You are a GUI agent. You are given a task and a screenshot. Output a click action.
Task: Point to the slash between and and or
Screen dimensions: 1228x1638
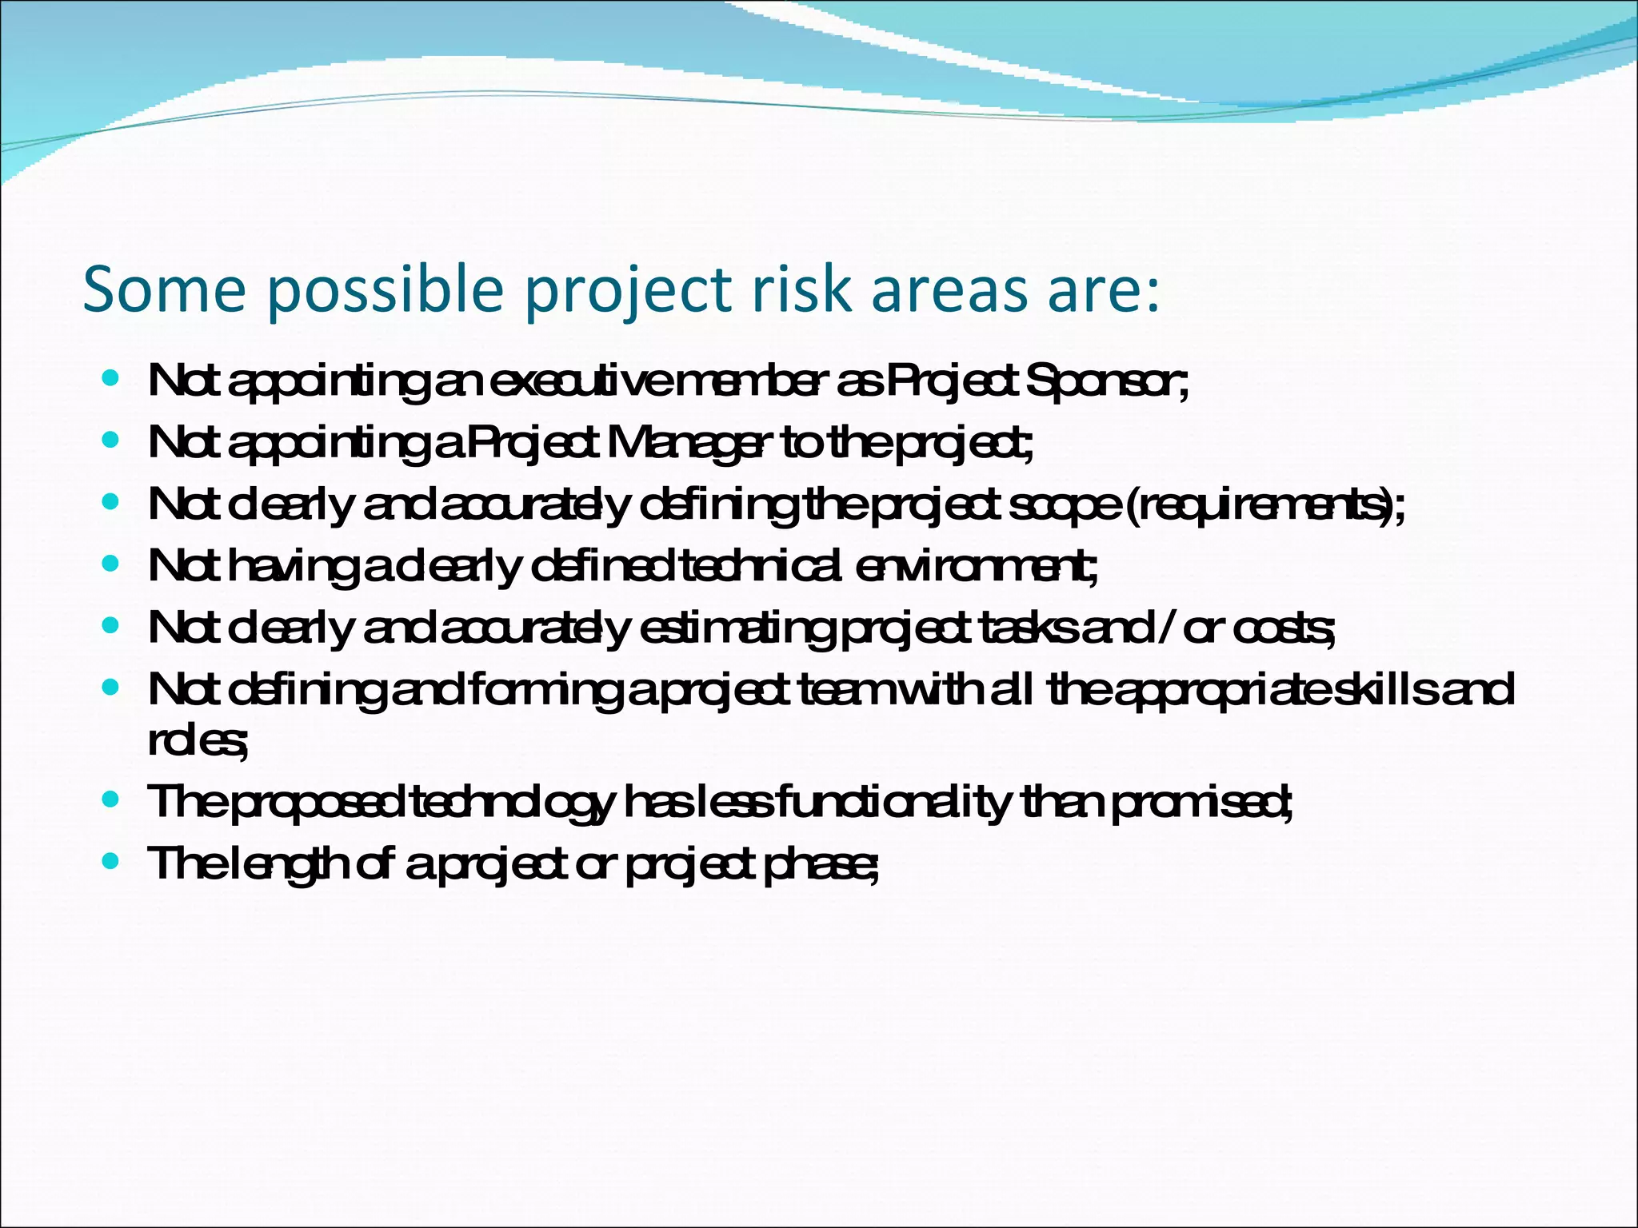coord(1164,630)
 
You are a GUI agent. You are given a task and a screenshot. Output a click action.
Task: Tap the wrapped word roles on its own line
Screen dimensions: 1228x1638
coord(195,742)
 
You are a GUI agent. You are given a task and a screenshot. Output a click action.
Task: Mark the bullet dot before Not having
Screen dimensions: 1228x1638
coord(111,564)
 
